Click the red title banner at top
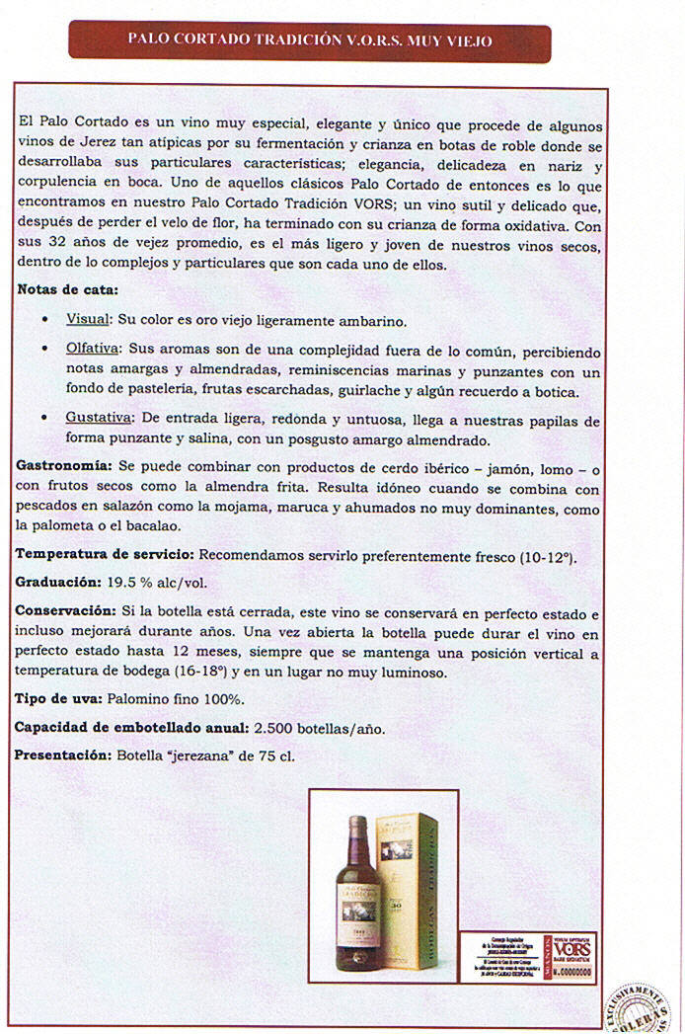310,41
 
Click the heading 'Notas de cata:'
67,290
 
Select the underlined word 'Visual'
87,321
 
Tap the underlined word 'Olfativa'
93,350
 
